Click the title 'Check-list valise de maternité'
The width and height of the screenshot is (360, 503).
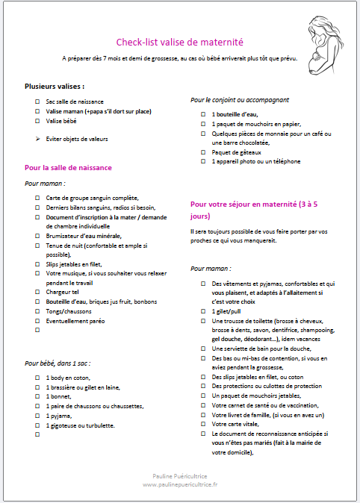[179, 43]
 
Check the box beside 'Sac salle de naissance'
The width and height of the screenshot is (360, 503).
[37, 101]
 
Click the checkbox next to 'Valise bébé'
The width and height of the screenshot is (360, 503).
[37, 120]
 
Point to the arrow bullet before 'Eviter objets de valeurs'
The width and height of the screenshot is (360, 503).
[37, 139]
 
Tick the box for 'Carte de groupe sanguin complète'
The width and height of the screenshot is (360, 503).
[37, 198]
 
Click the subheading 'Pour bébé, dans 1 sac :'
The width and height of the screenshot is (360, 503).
[58, 363]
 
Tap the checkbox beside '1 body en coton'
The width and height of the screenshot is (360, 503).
[37, 378]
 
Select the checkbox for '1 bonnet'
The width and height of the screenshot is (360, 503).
[37, 397]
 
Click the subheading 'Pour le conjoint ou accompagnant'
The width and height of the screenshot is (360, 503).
[240, 99]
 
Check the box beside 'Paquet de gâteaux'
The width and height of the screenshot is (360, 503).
[203, 151]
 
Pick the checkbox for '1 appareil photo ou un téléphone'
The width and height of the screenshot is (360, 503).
[203, 161]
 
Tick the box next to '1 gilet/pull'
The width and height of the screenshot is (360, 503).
[203, 310]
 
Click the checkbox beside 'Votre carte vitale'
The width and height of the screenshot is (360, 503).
[203, 424]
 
